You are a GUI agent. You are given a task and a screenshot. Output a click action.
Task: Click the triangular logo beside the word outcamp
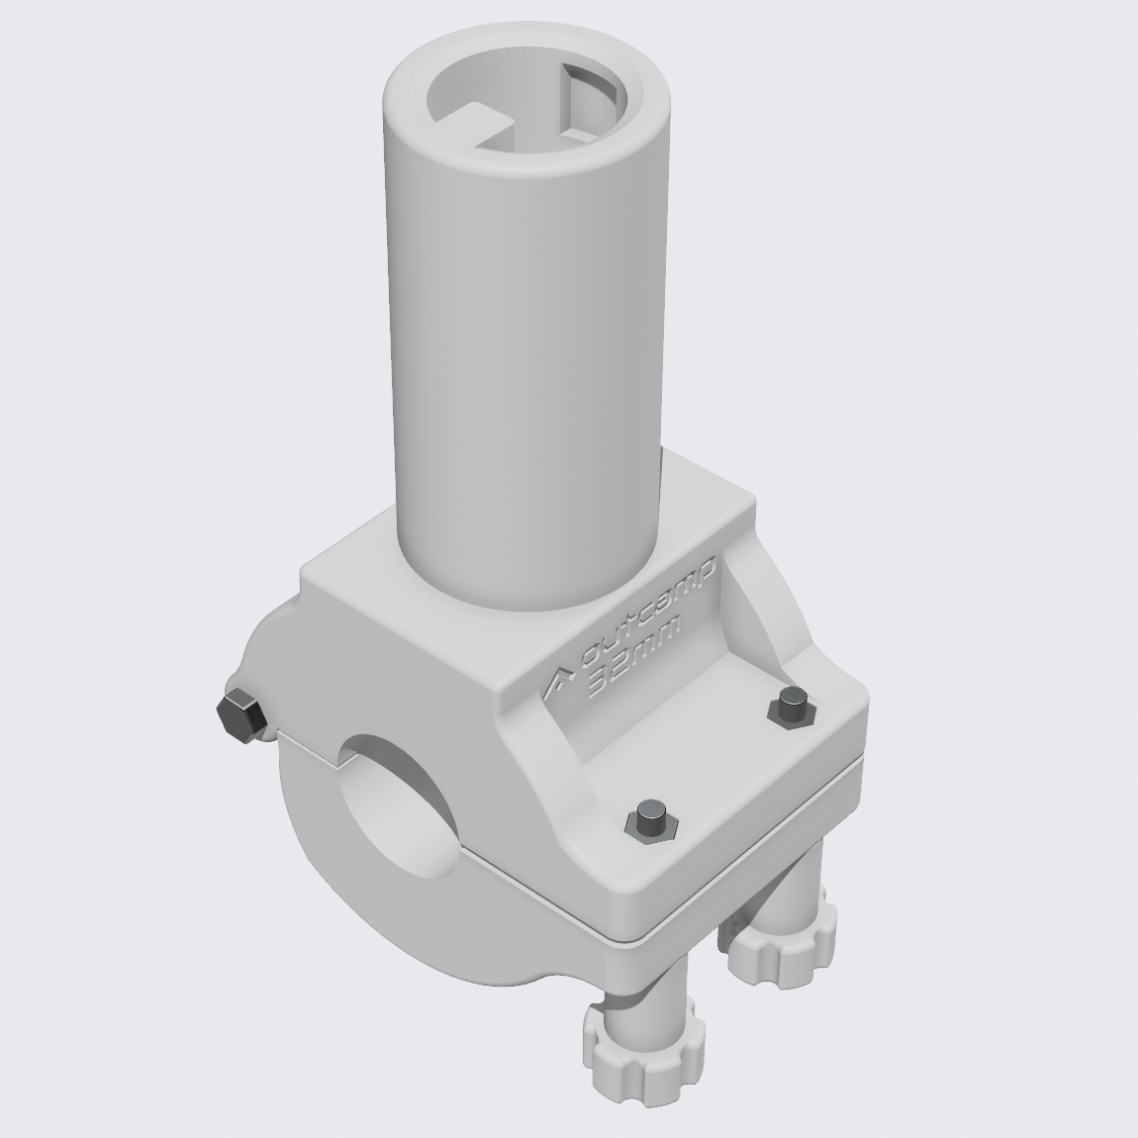click(561, 683)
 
